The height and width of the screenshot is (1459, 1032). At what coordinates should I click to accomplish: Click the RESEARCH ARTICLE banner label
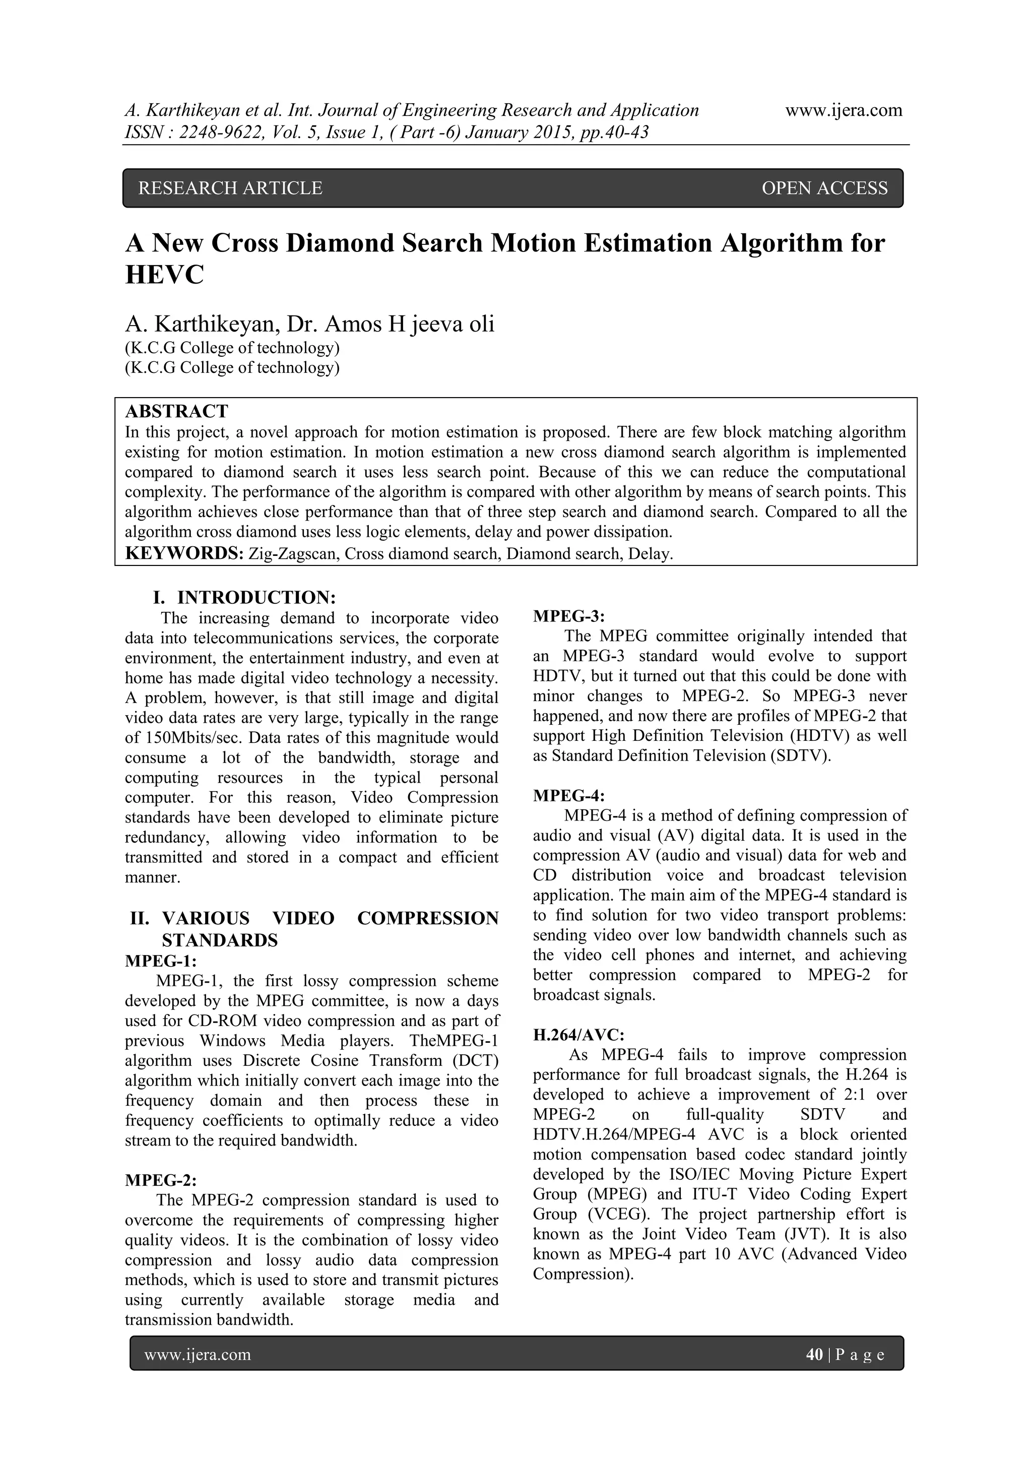click(230, 188)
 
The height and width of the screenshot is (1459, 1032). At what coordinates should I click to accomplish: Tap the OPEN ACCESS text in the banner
click(824, 188)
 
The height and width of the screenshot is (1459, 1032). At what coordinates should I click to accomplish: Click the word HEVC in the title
click(165, 275)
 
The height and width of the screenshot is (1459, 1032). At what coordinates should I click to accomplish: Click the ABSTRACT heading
click(177, 411)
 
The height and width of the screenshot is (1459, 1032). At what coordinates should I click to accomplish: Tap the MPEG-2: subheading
click(161, 1180)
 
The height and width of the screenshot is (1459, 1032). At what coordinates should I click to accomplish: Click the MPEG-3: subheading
click(569, 616)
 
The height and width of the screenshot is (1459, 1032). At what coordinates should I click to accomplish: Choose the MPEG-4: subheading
click(569, 796)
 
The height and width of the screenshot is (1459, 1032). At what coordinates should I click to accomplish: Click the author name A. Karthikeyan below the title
click(202, 324)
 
